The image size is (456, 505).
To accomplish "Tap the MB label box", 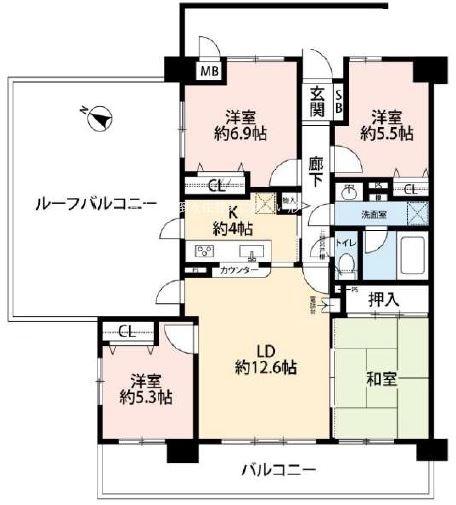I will point(210,72).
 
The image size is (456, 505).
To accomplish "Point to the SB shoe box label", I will point(338,100).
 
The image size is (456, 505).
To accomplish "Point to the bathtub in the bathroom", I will point(407,259).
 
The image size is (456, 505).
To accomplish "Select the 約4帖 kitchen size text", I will point(229,228).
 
